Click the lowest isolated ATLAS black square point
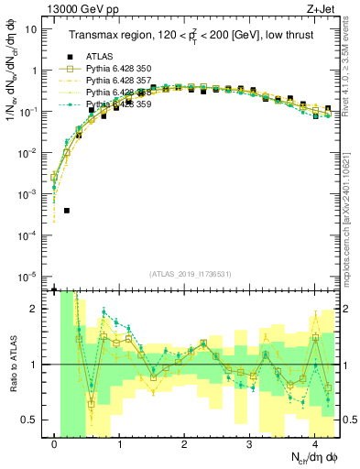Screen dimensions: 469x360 click(67, 210)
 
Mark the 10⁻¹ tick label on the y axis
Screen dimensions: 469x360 click(33, 112)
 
